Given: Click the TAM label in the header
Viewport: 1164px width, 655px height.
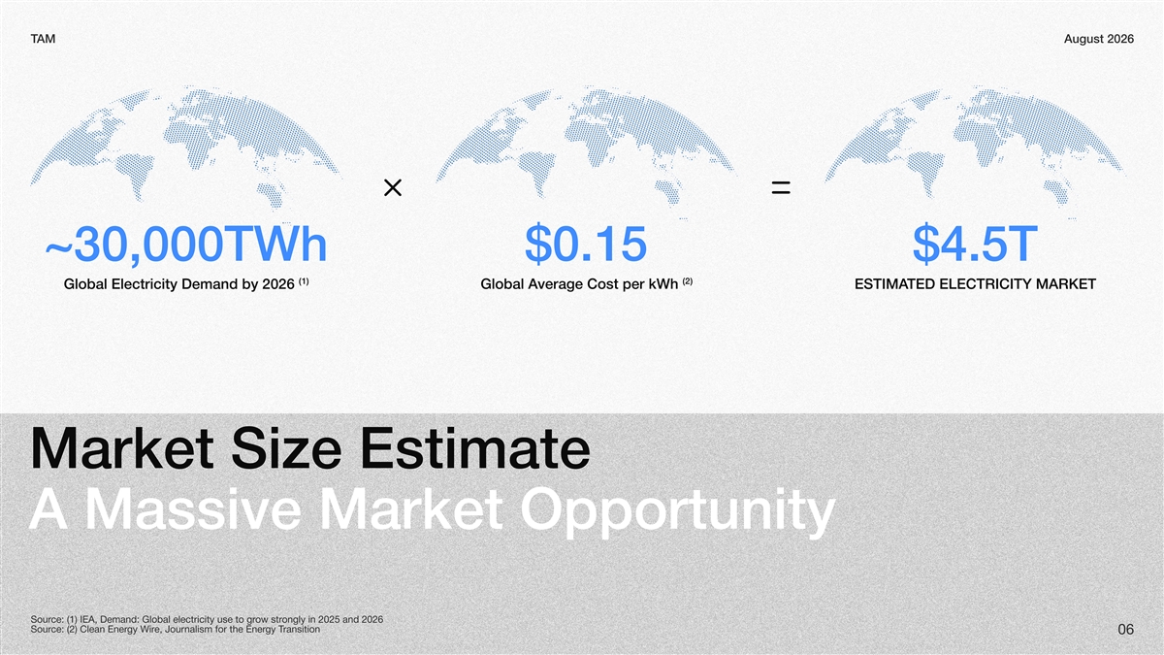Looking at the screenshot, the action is [43, 39].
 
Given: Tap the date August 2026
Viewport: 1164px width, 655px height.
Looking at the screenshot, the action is [1098, 39].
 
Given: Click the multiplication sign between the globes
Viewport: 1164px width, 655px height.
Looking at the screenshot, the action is [393, 187].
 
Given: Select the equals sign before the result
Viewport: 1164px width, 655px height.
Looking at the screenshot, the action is [781, 187].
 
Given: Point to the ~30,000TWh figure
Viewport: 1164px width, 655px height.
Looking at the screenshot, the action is [186, 244].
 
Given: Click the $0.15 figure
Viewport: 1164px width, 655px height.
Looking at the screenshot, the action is [586, 244].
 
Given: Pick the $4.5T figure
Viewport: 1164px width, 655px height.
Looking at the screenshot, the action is [975, 244].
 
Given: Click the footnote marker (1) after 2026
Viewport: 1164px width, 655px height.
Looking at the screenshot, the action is [304, 281].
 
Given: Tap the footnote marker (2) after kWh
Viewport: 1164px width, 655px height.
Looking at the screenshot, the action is [688, 281].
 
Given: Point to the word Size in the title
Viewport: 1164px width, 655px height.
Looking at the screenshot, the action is [286, 448].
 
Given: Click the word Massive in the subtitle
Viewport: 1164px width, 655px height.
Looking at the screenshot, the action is [193, 509].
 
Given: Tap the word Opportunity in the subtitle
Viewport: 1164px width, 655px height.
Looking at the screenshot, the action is [678, 512].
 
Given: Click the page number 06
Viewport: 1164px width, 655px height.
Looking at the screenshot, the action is [1125, 630].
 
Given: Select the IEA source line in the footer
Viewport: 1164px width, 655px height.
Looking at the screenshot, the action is [207, 620].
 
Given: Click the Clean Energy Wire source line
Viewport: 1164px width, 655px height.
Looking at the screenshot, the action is [176, 630].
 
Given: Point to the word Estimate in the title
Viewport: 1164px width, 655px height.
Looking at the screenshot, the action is [475, 448].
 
